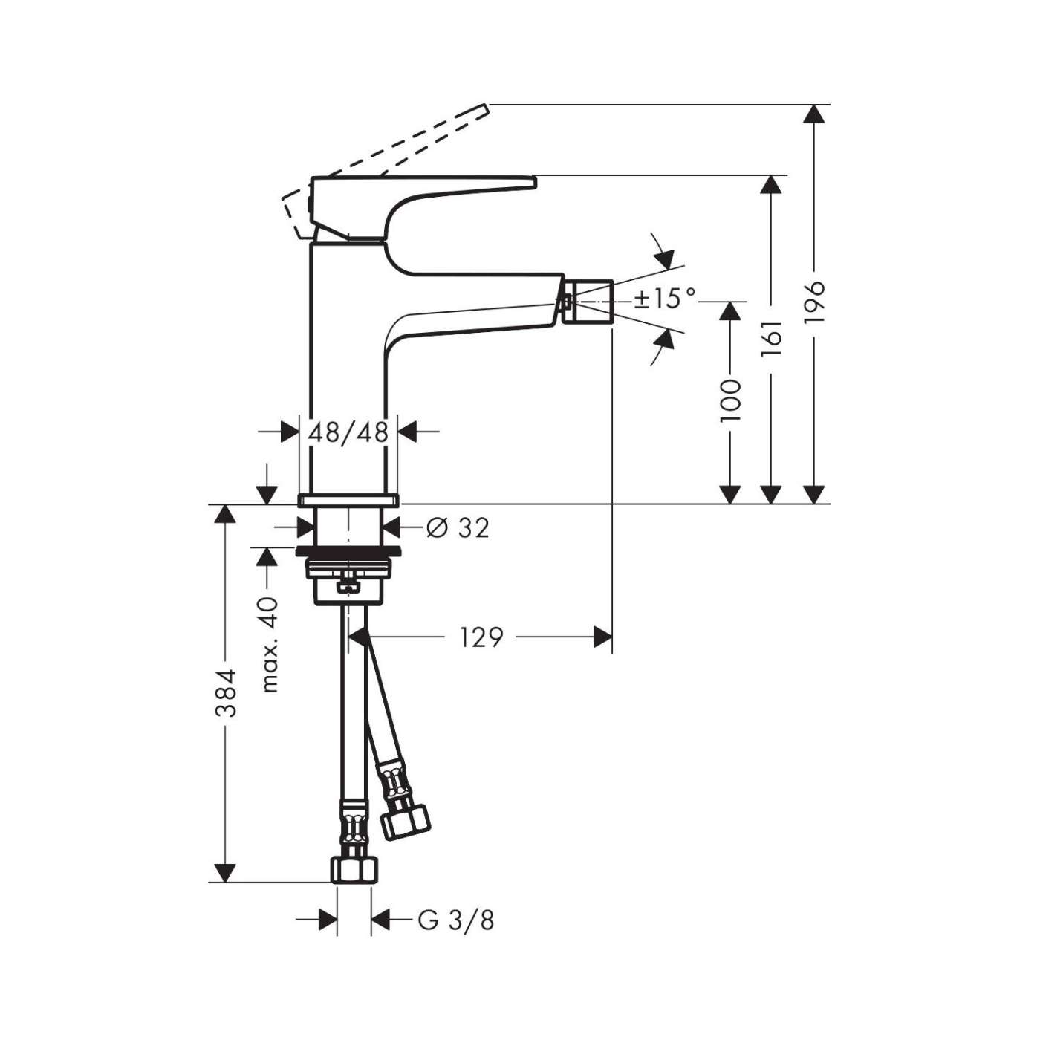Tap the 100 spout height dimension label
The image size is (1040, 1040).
pos(730,399)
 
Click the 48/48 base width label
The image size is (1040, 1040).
pos(348,431)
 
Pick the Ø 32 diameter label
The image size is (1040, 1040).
pos(458,527)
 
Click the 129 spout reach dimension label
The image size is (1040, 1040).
pos(481,637)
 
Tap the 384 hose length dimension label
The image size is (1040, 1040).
pos(225,692)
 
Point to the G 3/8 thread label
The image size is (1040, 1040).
pos(455,920)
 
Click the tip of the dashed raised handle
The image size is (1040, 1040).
pos(483,109)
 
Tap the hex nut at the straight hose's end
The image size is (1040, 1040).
pos(354,869)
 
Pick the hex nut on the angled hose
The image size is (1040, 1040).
pos(405,819)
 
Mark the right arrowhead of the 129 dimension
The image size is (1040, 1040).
pos(602,637)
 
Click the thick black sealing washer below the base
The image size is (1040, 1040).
pos(348,551)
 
